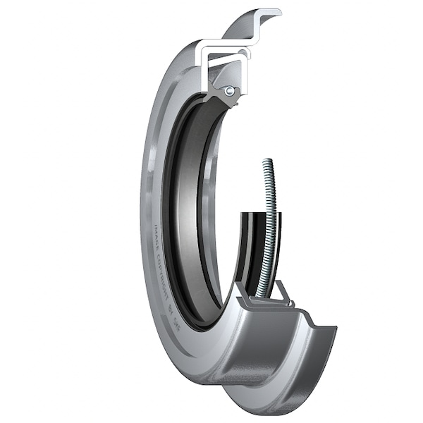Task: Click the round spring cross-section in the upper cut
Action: click(229, 90)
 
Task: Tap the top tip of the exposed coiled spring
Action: click(266, 162)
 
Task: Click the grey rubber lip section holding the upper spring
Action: click(221, 99)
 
